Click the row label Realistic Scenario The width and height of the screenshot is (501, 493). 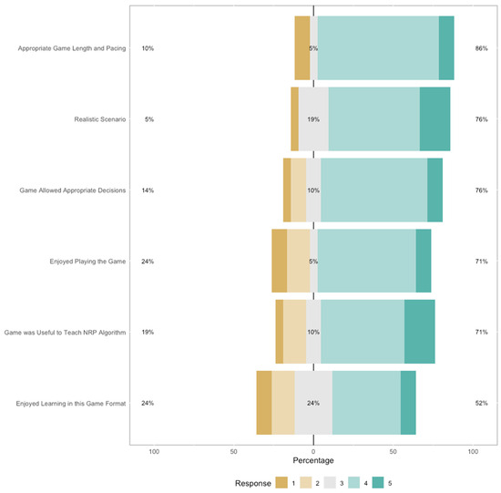coord(100,119)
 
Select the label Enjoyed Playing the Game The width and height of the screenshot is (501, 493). coord(88,262)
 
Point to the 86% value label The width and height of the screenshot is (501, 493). coord(481,48)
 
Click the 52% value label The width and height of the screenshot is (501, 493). coord(481,403)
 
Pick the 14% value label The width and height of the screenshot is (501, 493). coord(148,190)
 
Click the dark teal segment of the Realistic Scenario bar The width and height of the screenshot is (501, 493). coord(435,119)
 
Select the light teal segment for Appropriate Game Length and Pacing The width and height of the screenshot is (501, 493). coord(377,48)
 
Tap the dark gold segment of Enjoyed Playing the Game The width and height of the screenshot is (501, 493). coord(279,262)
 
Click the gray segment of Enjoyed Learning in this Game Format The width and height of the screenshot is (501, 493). coord(313,403)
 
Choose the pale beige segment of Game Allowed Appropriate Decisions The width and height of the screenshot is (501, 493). coord(298,190)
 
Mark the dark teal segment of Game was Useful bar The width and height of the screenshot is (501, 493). coord(419,333)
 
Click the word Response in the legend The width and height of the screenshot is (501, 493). coord(253,480)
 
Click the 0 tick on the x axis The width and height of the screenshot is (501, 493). coord(313,451)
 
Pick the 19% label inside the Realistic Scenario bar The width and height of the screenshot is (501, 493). coord(313,119)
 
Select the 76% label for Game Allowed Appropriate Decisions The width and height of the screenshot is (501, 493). coord(481,190)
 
